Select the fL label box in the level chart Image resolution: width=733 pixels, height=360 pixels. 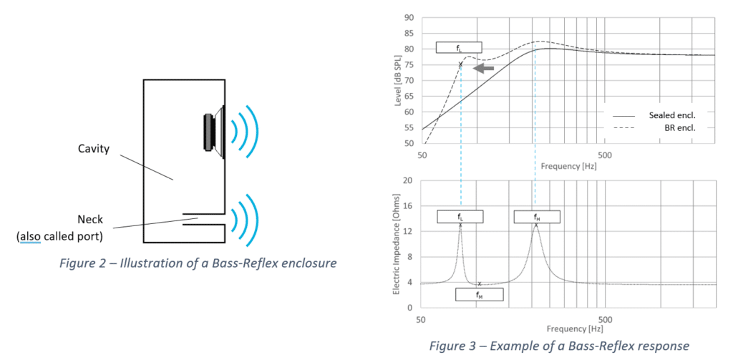point(458,47)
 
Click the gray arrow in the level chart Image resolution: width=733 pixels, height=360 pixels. point(485,68)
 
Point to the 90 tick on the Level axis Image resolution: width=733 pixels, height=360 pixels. point(409,17)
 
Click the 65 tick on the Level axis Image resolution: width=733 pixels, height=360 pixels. point(409,96)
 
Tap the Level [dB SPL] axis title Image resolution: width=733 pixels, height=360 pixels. point(397,80)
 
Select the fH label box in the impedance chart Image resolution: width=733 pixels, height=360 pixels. point(536,216)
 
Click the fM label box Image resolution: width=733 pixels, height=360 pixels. point(480,294)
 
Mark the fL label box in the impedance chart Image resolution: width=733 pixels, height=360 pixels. point(460,216)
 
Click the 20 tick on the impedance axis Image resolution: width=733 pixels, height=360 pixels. point(409,180)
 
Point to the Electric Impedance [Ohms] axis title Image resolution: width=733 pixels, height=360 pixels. point(397,244)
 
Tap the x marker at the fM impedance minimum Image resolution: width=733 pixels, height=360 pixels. point(480,284)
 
